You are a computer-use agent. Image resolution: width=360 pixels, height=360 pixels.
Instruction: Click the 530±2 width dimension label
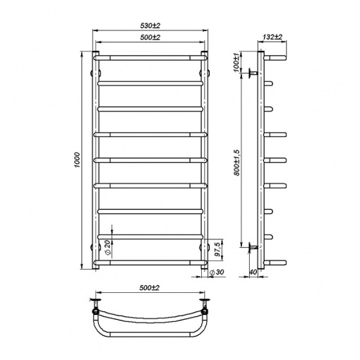click(x=150, y=25)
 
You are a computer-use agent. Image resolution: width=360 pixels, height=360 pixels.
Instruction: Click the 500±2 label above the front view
click(x=150, y=37)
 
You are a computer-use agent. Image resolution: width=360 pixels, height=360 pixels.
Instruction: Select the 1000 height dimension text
click(x=78, y=160)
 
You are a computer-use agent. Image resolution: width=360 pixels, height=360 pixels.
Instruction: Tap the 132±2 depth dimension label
click(x=272, y=37)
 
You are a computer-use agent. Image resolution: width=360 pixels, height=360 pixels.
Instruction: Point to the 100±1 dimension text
click(x=236, y=61)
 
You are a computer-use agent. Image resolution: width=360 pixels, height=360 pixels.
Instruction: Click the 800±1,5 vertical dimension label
click(x=236, y=162)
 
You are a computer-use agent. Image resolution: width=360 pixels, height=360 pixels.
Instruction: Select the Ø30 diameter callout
click(x=216, y=272)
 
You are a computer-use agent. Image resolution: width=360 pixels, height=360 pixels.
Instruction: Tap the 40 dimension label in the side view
click(x=253, y=272)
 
